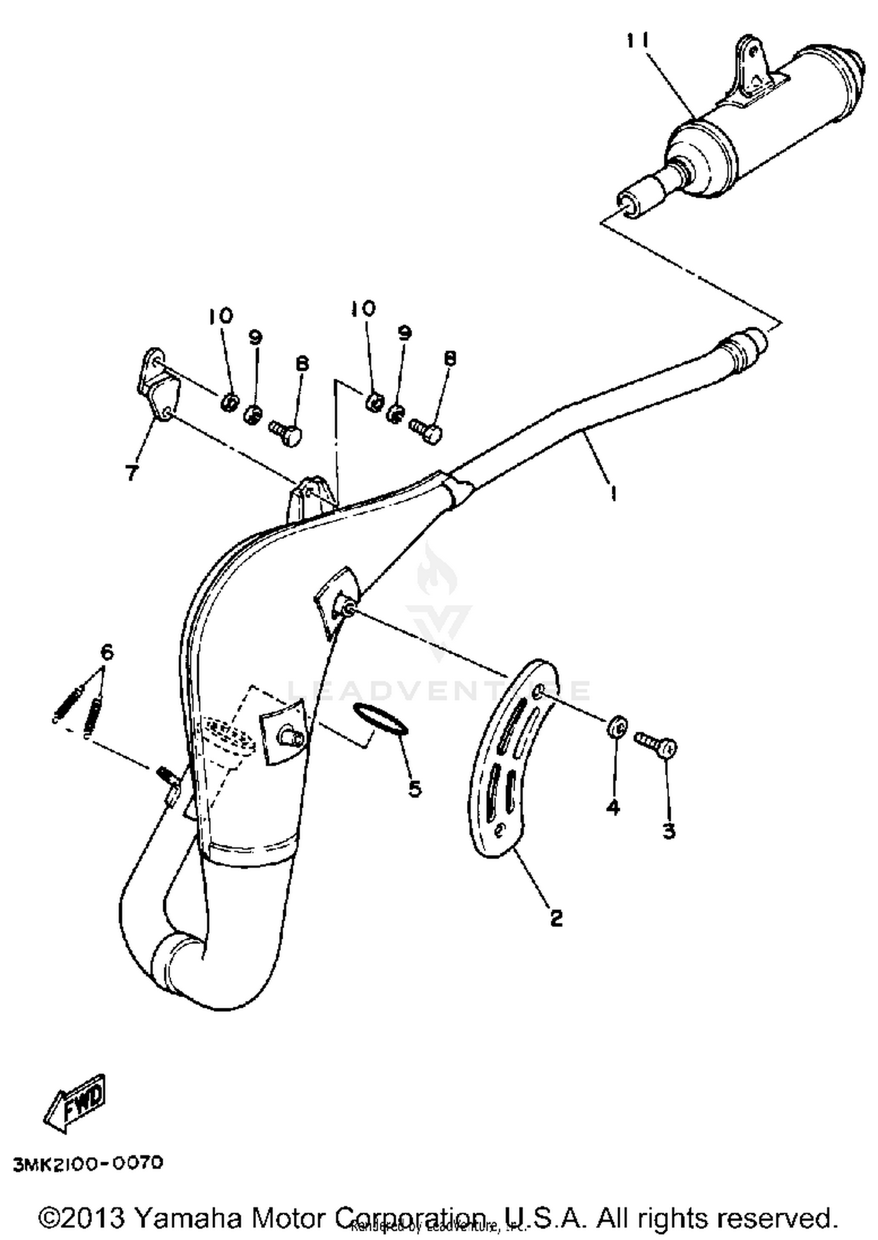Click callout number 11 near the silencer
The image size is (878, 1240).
(x=637, y=42)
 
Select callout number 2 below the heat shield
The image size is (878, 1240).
(x=555, y=917)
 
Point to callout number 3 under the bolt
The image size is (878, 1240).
(x=668, y=831)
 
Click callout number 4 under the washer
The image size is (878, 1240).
(x=612, y=808)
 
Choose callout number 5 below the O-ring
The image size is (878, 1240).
(x=414, y=789)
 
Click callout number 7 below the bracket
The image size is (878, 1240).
(x=133, y=472)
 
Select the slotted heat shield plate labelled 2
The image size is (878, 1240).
(x=509, y=761)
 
